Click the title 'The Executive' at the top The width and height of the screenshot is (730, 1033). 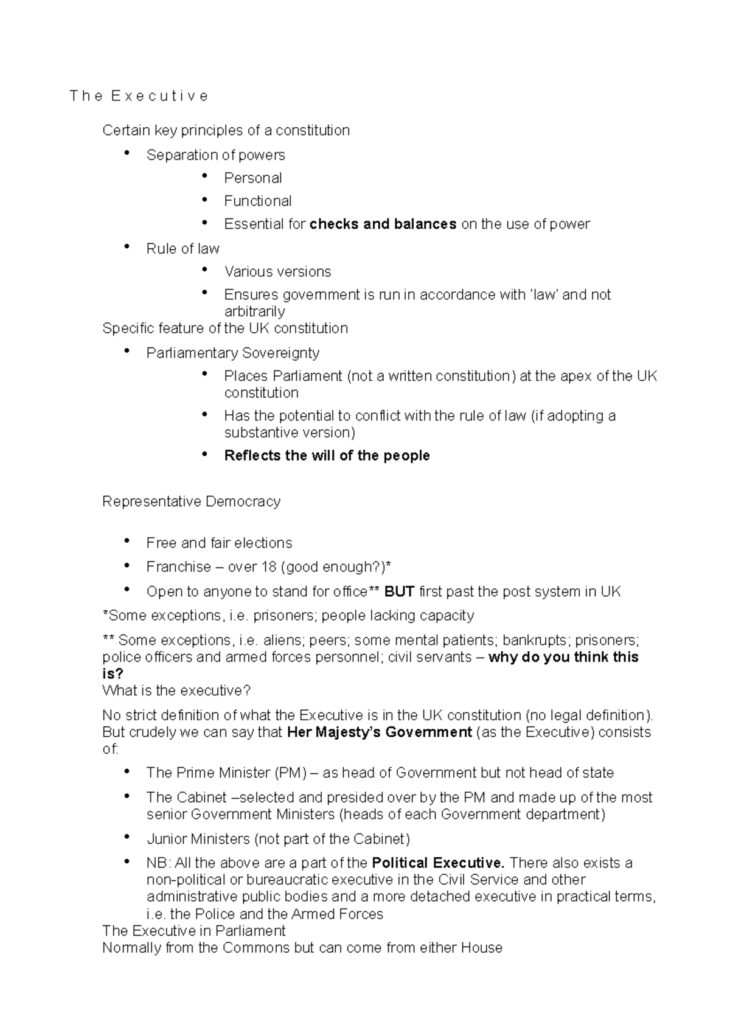coord(139,96)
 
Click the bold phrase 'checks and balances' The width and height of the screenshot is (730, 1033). coord(383,224)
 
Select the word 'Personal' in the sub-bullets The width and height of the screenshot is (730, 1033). coord(252,178)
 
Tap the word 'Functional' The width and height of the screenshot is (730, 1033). coord(257,201)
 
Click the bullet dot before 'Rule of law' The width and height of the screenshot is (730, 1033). coord(127,246)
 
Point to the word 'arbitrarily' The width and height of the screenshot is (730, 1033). coord(254,311)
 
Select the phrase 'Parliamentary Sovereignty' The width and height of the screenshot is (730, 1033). coord(232,353)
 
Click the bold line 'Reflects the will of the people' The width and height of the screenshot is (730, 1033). coord(327,456)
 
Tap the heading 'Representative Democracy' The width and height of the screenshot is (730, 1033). coord(191,501)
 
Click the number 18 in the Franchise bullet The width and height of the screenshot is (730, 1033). coord(268,567)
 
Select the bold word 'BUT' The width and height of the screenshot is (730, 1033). coord(399,592)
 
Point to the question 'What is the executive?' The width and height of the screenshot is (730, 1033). coord(176,690)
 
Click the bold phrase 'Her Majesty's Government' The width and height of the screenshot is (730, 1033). coord(379,732)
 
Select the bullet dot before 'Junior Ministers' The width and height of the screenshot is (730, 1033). coord(127,837)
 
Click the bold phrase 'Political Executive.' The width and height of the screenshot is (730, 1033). coord(438,863)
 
